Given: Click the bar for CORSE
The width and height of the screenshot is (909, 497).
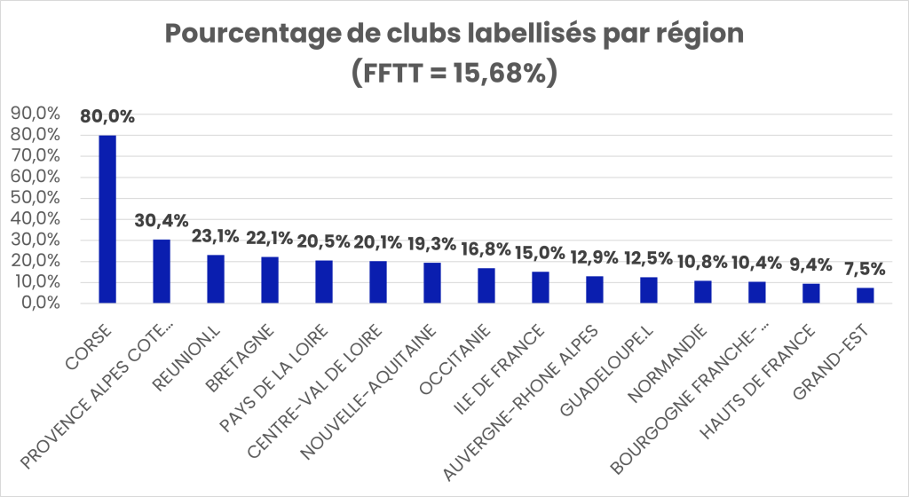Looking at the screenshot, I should [x=107, y=218].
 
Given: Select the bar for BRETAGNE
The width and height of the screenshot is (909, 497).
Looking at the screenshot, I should [x=270, y=280].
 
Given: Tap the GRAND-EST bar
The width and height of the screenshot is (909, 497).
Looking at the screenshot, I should [x=865, y=295].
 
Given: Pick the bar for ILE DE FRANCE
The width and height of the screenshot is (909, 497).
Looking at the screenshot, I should [x=540, y=287].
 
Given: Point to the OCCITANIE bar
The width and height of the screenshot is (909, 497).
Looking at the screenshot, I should [x=486, y=285].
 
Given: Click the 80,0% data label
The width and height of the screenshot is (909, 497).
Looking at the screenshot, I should [x=107, y=116].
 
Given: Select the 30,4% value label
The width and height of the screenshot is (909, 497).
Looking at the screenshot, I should [x=162, y=221].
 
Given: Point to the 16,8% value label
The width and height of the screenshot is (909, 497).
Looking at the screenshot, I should [x=486, y=249].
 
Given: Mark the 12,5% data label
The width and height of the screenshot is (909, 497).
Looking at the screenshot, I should [x=648, y=259].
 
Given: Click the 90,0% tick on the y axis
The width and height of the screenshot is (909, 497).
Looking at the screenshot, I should [x=35, y=114].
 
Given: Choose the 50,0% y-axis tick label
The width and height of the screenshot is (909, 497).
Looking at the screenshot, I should [x=35, y=198].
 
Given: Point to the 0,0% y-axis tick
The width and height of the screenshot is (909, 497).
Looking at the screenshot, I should [x=39, y=303].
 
